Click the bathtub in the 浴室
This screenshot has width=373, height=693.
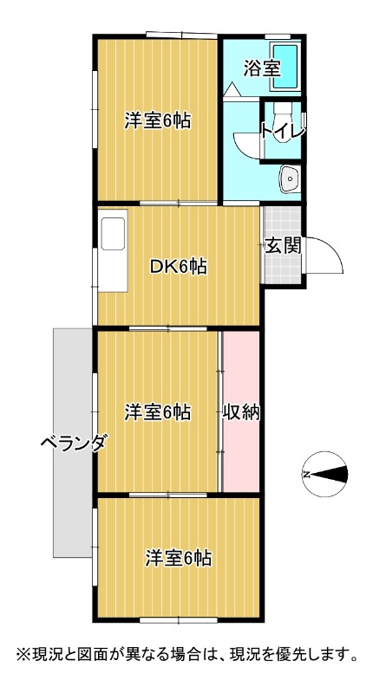tap(285, 68)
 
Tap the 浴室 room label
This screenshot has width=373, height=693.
tap(262, 68)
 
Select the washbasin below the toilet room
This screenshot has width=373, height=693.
tap(290, 179)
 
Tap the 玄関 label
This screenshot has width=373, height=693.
tap(283, 245)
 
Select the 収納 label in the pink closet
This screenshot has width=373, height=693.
tap(240, 412)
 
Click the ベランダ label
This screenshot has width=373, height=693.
tap(74, 442)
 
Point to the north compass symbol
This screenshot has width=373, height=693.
tap(324, 474)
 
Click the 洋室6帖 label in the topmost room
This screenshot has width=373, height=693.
tap(158, 120)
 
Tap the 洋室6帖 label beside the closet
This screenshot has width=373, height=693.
tap(158, 412)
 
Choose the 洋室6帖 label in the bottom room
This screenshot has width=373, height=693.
tap(179, 558)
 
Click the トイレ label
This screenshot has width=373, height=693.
tap(283, 131)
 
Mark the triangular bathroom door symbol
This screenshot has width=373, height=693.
tap(232, 90)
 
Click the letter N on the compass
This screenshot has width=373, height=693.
tap(306, 475)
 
